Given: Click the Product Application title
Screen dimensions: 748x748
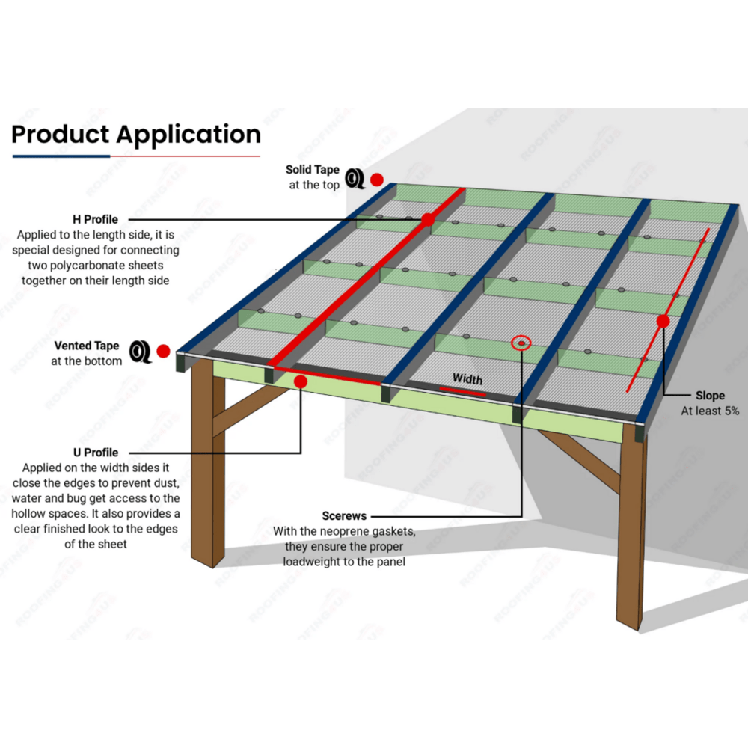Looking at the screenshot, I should pos(136,135).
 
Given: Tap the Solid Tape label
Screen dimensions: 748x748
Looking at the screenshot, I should pos(313,171).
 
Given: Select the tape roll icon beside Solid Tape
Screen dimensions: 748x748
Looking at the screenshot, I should pos(355,179).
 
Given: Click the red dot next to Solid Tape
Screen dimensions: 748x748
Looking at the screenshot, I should pos(377,180).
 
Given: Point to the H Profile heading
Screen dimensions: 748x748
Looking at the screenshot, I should pos(95,220).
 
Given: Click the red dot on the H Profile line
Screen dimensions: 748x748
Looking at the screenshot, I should pos(428,220).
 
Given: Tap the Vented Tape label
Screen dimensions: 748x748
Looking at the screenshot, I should pos(86,346).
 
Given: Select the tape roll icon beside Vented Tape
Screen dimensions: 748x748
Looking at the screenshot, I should pos(140,351).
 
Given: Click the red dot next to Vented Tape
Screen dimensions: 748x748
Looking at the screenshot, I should pos(163,351).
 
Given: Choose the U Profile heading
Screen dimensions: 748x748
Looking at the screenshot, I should pos(95,453).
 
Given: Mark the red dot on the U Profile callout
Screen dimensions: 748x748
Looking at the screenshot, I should pos(301,381).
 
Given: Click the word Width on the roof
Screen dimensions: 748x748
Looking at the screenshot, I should pos(467,379).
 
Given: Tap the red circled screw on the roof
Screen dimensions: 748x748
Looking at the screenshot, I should pos(521,343).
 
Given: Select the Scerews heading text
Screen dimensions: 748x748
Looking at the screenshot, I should pos(344,516).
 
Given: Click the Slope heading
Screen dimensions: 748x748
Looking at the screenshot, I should pos(709,396).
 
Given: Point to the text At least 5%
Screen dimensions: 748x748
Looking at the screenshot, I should pos(709,411).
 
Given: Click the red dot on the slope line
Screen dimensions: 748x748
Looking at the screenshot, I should pos(663,321).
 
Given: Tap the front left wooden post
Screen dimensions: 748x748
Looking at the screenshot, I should pos(203,479).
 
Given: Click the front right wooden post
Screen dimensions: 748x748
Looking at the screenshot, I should pos(630,531).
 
